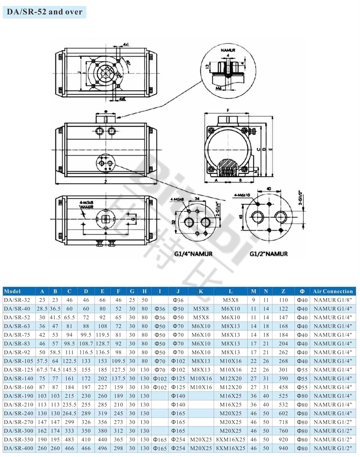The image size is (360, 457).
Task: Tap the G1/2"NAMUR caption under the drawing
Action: (269, 254)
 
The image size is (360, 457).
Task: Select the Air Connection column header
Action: (333, 291)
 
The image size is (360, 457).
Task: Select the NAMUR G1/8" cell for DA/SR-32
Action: (333, 300)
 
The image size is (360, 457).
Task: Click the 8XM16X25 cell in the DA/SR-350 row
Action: (230, 440)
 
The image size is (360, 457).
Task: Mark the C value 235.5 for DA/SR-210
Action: (69, 404)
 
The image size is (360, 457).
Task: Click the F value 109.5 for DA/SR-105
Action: (119, 361)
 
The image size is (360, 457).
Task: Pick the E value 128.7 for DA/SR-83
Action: (102, 343)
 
